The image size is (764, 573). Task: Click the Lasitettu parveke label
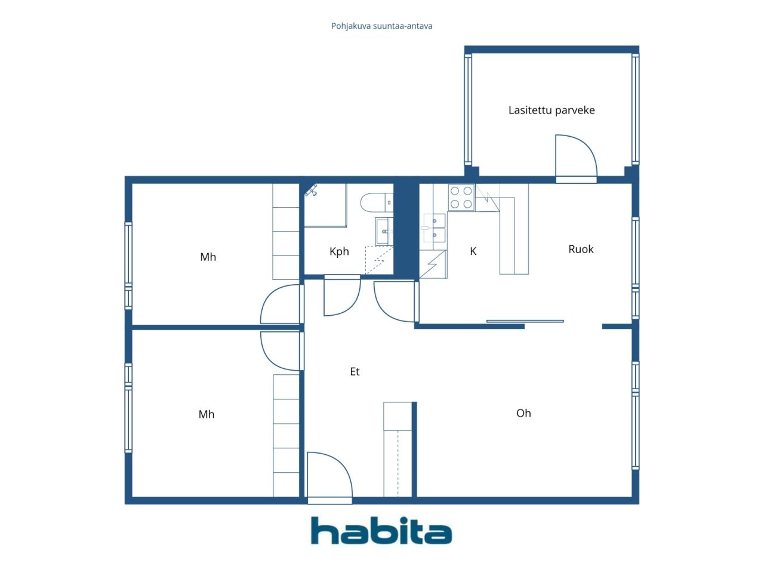click(x=551, y=110)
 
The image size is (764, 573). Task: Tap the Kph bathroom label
click(x=338, y=251)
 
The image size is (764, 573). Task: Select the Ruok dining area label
click(x=581, y=249)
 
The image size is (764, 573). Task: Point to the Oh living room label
click(x=523, y=413)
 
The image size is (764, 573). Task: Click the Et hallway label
click(x=355, y=372)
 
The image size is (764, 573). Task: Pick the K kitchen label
click(x=473, y=251)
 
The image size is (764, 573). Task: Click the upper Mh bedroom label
click(x=208, y=257)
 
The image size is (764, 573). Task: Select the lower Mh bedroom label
click(x=207, y=414)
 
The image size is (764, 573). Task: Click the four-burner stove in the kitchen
click(x=461, y=197)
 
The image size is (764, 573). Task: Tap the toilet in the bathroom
click(x=377, y=202)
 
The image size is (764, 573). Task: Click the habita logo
click(x=381, y=530)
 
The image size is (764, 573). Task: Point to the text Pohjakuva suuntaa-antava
click(x=381, y=26)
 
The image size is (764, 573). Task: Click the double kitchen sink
click(x=434, y=228)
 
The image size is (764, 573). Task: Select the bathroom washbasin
click(x=384, y=231)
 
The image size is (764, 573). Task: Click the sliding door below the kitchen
click(x=525, y=321)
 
